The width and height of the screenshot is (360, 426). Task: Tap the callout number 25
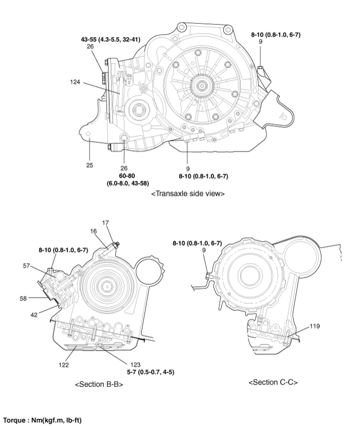pos(89,165)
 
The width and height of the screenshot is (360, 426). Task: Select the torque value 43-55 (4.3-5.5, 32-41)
pos(110,39)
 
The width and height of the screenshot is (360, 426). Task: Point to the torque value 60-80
pos(124,175)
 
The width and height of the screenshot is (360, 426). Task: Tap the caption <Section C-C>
pos(273,382)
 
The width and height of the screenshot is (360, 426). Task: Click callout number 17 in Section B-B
pos(105,223)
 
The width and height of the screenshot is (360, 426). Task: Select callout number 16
pos(94,231)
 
